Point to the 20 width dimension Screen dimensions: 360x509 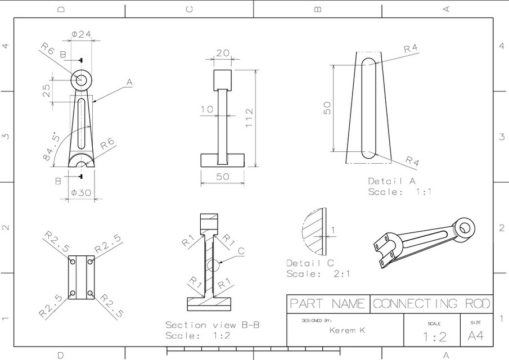click(x=223, y=53)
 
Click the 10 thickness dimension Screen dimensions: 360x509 click(x=208, y=109)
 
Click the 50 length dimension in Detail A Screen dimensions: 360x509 click(x=327, y=108)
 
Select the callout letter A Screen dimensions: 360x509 click(x=129, y=82)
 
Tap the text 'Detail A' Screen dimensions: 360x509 click(x=391, y=181)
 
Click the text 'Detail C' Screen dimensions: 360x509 click(x=310, y=263)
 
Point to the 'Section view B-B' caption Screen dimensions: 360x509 click(x=212, y=325)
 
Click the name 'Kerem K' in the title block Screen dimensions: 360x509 click(x=346, y=330)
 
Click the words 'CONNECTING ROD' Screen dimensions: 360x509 click(x=431, y=304)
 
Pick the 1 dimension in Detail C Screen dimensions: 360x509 click(x=333, y=229)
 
